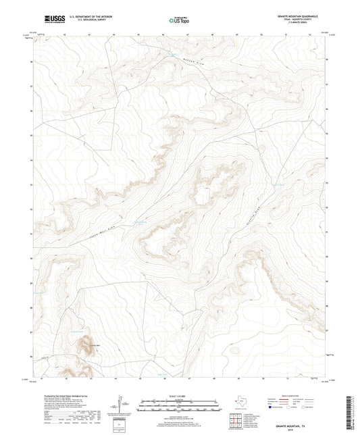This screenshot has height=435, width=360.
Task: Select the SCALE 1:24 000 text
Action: pos(180,395)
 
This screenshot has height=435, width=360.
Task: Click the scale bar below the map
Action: pos(180,405)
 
